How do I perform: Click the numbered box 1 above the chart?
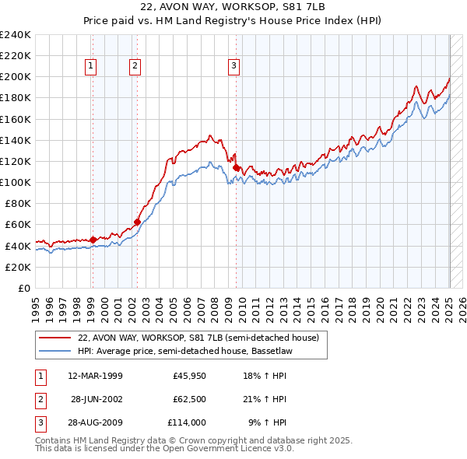coord(92,67)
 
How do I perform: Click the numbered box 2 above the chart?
coord(135,67)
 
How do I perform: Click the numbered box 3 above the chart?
coord(233,67)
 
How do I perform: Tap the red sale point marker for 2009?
coord(236,166)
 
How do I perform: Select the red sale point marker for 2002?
coord(137,222)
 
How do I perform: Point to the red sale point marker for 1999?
coord(93,240)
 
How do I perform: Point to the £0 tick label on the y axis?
coord(23,288)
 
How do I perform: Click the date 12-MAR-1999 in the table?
coord(95,377)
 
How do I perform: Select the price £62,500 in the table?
coord(189,400)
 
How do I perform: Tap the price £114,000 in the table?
coord(187,423)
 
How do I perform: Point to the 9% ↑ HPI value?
coord(267,423)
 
